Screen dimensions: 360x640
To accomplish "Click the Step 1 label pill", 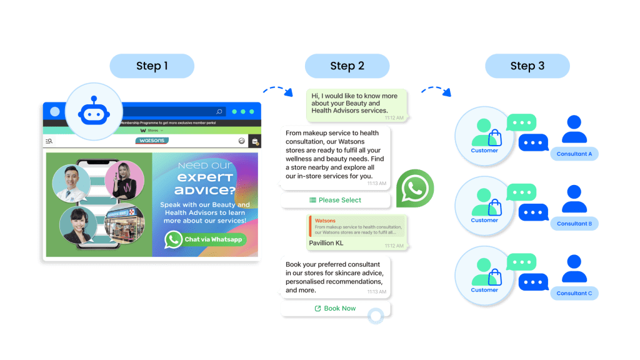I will click(x=152, y=66).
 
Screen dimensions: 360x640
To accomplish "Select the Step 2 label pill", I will click(x=347, y=66).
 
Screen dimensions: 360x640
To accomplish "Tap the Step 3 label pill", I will click(x=527, y=66).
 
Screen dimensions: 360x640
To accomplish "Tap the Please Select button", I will click(x=335, y=200).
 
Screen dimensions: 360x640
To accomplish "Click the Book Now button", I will click(x=335, y=308).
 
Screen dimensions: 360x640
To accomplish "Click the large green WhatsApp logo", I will click(x=415, y=188).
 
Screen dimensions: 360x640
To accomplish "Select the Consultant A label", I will click(x=574, y=154).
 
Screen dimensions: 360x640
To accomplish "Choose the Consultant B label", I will click(x=574, y=223).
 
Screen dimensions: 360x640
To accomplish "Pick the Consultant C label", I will click(x=574, y=293).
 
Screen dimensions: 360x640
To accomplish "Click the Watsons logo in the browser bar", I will click(x=152, y=141).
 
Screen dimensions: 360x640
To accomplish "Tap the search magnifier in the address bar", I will click(x=219, y=112).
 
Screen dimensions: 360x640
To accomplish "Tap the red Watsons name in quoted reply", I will click(x=325, y=221).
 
